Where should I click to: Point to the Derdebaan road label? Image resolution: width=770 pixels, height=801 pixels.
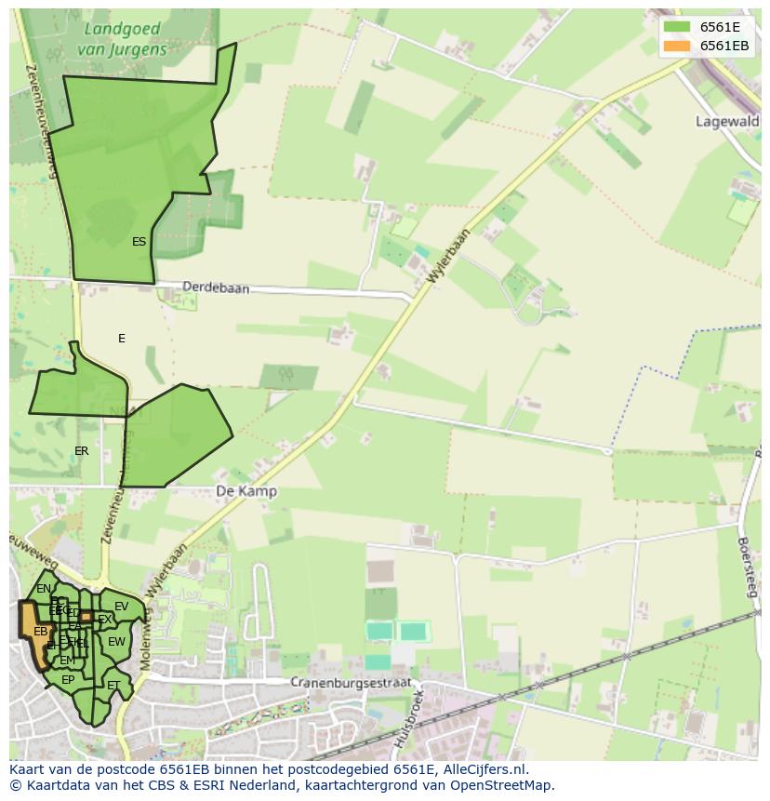(x=216, y=288)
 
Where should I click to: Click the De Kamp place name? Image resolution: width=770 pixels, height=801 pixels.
(x=246, y=491)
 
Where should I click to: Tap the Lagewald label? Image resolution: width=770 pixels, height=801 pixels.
(x=727, y=122)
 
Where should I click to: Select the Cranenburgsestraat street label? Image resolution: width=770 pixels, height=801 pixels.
(x=350, y=682)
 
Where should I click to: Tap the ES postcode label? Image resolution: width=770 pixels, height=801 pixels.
(x=139, y=242)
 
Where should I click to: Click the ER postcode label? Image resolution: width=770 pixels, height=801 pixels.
(x=82, y=451)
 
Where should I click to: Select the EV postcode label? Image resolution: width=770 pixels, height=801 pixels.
(x=121, y=607)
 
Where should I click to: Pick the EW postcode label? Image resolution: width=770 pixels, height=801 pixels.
(x=116, y=642)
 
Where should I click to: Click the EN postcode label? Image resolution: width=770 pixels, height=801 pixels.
(x=44, y=589)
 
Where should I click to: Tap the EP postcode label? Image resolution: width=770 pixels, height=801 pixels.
(x=68, y=680)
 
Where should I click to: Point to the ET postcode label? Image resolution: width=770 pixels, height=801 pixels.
(x=113, y=686)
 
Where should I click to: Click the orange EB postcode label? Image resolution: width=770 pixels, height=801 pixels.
(x=40, y=632)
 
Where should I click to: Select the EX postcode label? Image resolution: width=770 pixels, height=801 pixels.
(x=104, y=620)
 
